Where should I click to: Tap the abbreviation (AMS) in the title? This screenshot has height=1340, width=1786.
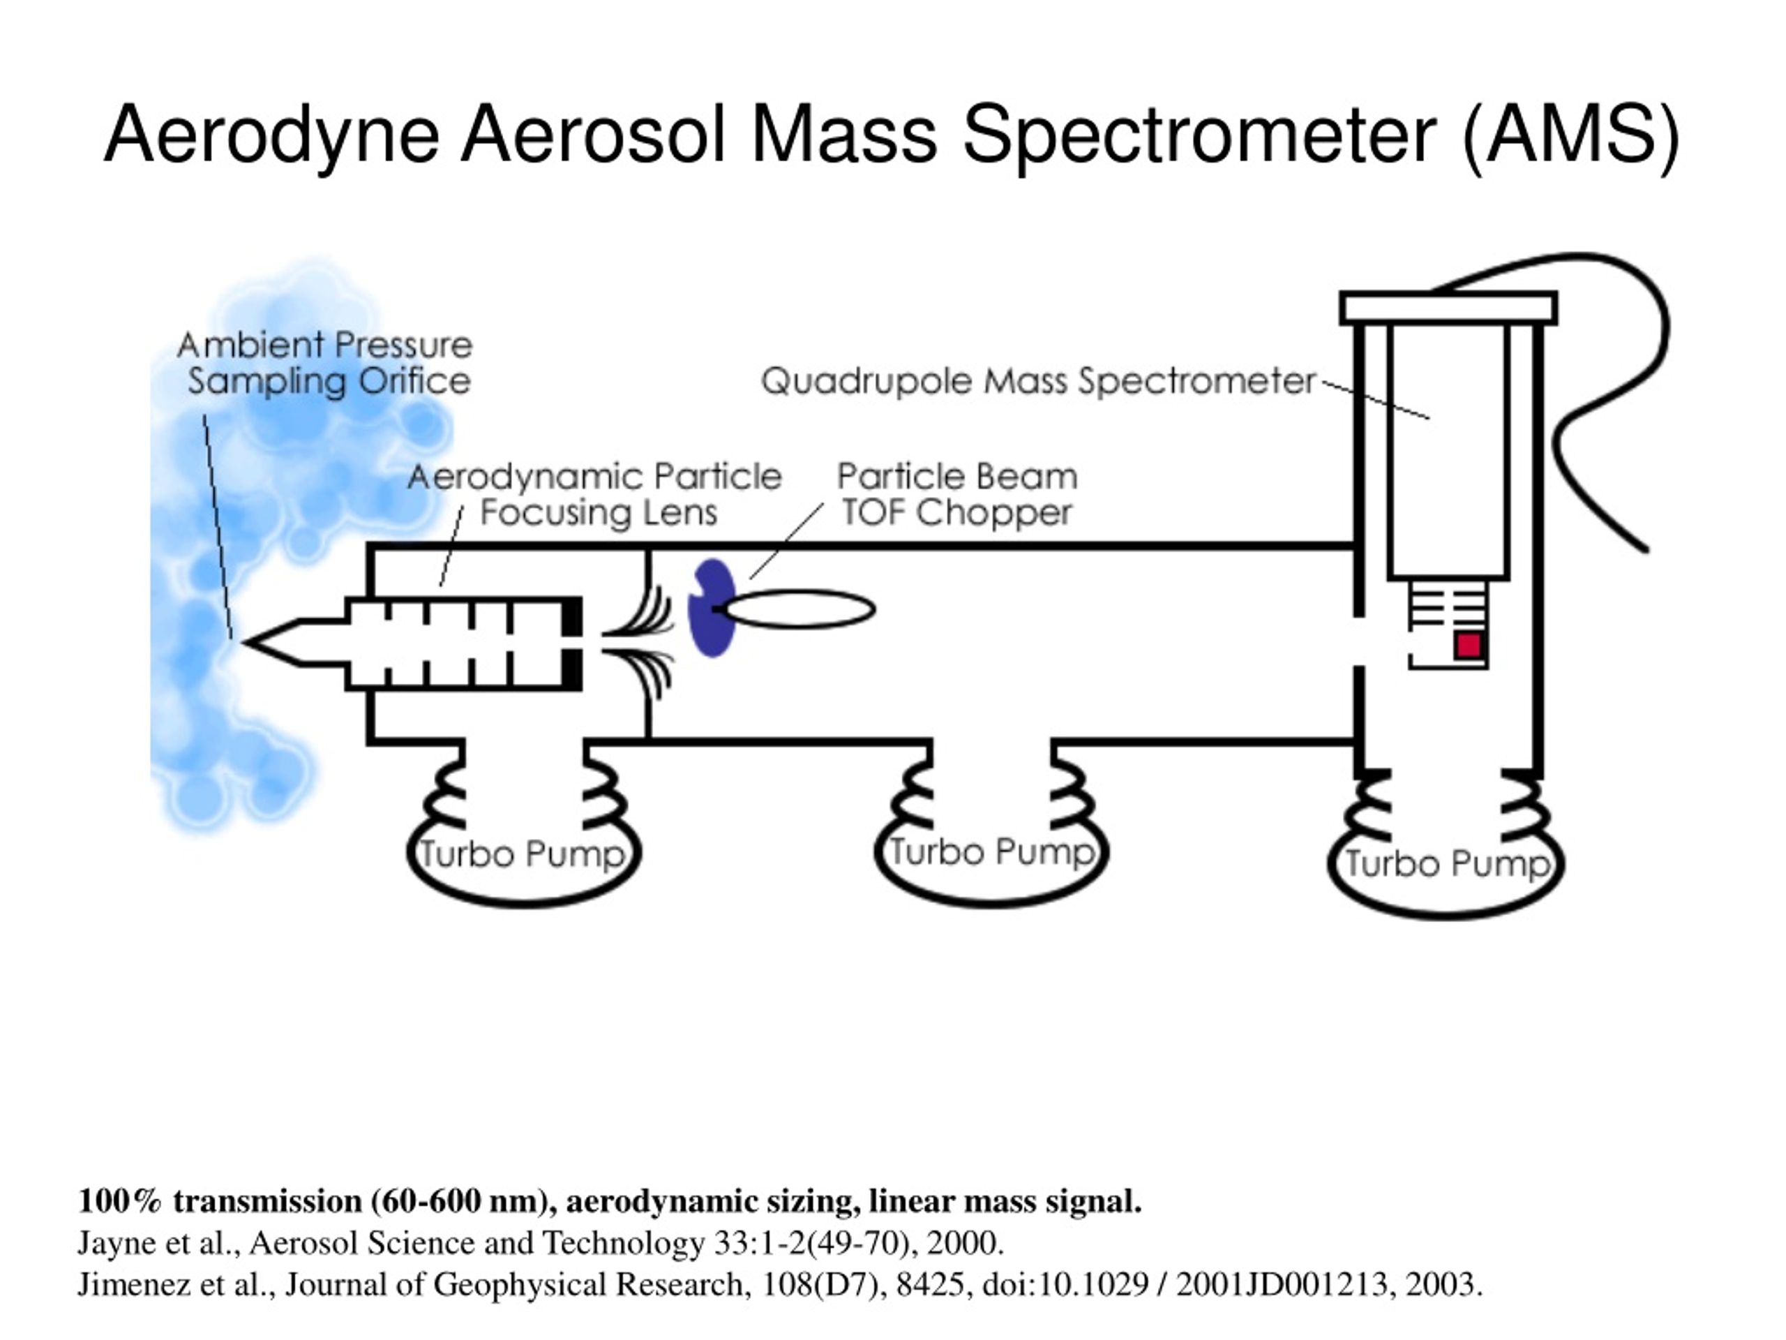pyautogui.click(x=1570, y=135)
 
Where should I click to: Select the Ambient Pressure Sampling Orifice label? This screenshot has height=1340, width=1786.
pyautogui.click(x=325, y=364)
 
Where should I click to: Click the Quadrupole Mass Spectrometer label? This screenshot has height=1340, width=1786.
pyautogui.click(x=1038, y=381)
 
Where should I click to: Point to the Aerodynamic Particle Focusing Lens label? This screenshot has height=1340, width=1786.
pyautogui.click(x=595, y=493)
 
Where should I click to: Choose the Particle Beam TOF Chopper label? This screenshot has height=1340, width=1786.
pyautogui.click(x=956, y=493)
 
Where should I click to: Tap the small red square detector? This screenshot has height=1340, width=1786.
pyautogui.click(x=1469, y=646)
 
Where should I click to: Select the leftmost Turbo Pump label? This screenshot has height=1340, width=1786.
pyautogui.click(x=523, y=854)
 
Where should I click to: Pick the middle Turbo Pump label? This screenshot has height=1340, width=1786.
pyautogui.click(x=991, y=851)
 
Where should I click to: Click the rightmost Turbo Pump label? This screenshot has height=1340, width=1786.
pyautogui.click(x=1447, y=863)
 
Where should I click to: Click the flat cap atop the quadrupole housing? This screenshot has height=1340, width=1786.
pyautogui.click(x=1448, y=308)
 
